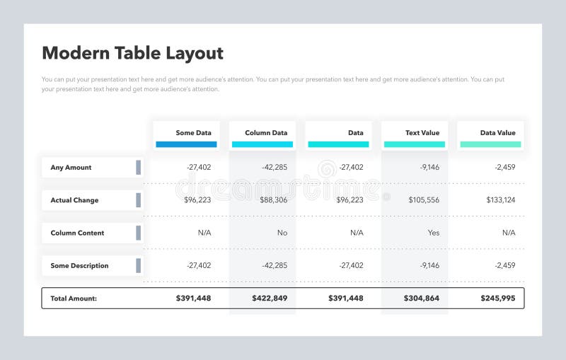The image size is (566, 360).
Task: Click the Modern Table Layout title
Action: [132, 53]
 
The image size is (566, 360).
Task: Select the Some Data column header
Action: [193, 132]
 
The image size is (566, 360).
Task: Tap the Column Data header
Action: [266, 132]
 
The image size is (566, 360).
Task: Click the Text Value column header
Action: [422, 132]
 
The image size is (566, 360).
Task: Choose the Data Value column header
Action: [497, 132]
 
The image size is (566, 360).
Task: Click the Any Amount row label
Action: [71, 168]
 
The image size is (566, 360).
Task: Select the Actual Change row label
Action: [74, 200]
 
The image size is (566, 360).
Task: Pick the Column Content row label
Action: [77, 233]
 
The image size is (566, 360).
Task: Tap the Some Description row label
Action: [79, 266]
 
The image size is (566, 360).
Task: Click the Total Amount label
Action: [74, 298]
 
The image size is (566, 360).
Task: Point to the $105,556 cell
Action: [423, 200]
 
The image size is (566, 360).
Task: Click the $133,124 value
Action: [500, 200]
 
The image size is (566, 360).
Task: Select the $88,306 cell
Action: [273, 200]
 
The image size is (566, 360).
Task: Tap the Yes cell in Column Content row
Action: [433, 233]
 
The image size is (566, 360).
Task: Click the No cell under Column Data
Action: [282, 233]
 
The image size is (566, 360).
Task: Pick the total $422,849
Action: [270, 298]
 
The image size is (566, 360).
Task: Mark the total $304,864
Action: [422, 298]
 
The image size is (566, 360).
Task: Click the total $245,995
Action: [498, 298]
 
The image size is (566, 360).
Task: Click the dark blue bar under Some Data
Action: [186, 144]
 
